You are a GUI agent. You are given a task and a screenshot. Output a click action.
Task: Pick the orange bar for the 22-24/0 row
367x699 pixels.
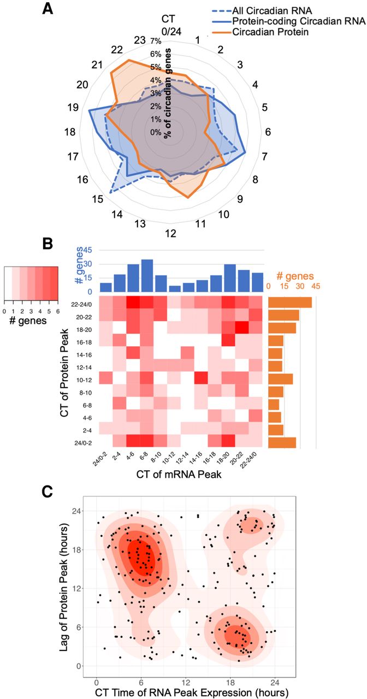coord(290,302)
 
